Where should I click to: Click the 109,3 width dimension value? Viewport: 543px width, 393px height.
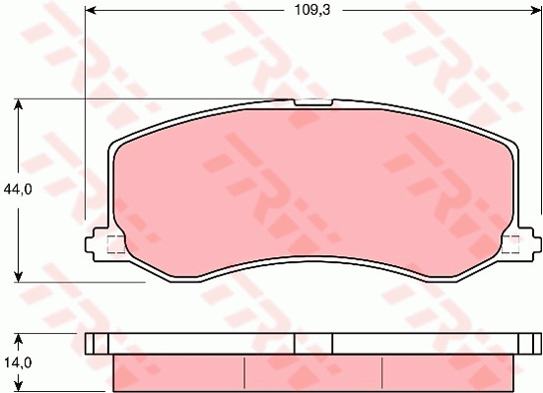312,11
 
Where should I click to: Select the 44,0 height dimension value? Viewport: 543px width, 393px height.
18,189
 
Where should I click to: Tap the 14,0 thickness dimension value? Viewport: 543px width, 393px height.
18,362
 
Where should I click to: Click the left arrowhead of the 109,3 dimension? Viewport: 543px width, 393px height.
91,11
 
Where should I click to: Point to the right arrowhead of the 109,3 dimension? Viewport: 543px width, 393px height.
536,11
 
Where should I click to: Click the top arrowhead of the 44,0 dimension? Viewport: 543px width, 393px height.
19,104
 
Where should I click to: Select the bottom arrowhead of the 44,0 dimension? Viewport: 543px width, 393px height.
19,277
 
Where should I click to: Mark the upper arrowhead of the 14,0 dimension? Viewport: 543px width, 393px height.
19,340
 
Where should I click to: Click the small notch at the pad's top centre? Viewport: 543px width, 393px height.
313,102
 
